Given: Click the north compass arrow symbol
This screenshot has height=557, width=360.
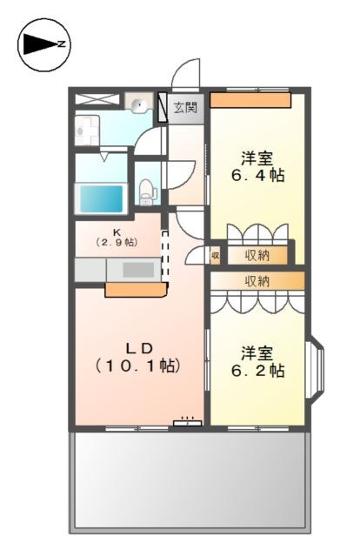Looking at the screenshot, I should (43, 43).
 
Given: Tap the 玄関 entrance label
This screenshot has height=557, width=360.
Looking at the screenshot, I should (183, 108).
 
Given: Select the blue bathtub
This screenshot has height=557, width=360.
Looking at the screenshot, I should (102, 197).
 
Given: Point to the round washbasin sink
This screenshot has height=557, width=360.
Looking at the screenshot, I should (138, 105).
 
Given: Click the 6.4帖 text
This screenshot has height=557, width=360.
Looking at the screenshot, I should (257, 175).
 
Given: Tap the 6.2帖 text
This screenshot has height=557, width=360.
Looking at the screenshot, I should (257, 371).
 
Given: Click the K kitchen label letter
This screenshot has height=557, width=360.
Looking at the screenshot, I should (116, 232).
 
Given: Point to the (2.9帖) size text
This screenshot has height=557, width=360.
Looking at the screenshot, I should (116, 243).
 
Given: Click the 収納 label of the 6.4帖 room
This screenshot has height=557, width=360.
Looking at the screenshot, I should (257, 255).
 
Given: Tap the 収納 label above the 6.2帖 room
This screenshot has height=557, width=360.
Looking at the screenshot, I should (257, 281).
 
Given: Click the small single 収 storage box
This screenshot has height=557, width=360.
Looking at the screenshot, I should (215, 256).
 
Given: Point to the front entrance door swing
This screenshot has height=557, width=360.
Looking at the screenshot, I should (187, 74).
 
